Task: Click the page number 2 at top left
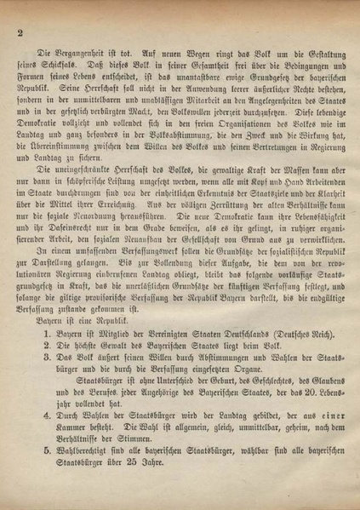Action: click(18, 33)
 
